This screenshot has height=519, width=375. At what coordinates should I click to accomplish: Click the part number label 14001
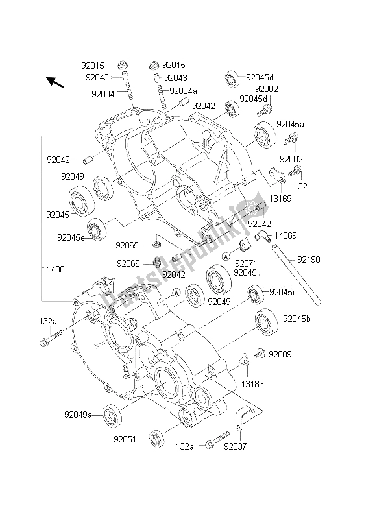57,269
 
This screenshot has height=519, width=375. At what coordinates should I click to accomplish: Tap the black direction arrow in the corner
55,82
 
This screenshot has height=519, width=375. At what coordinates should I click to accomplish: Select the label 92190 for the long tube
308,259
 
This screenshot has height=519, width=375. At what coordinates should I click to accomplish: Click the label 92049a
78,415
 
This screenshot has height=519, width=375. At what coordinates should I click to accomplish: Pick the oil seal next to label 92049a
112,415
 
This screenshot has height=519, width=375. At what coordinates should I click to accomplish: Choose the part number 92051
125,439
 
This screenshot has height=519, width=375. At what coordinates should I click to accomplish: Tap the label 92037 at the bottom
236,446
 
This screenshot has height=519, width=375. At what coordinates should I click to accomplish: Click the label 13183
252,384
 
